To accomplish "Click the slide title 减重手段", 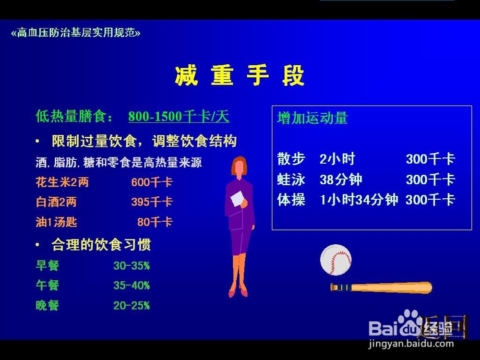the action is [240, 75].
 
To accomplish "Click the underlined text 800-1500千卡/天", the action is [179, 116].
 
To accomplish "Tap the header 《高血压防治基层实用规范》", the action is [76, 33].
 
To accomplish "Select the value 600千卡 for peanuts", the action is [152, 182].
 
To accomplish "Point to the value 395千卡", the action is [152, 202].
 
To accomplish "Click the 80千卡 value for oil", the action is [155, 222].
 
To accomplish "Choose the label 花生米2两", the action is [62, 182].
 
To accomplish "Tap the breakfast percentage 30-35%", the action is [132, 265].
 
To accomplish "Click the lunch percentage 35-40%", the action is [132, 285].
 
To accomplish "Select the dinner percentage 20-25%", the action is [132, 305].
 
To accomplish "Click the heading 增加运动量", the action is [312, 118].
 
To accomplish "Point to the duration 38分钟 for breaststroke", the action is [341, 180].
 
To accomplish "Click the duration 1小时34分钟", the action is [359, 200].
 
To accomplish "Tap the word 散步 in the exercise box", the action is [291, 159].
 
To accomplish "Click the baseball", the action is [336, 260].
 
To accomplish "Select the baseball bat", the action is [381, 288].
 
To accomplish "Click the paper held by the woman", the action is [237, 198].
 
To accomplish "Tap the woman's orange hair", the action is [239, 165].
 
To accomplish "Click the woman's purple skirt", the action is [241, 241].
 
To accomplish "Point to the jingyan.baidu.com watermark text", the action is [411, 344].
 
